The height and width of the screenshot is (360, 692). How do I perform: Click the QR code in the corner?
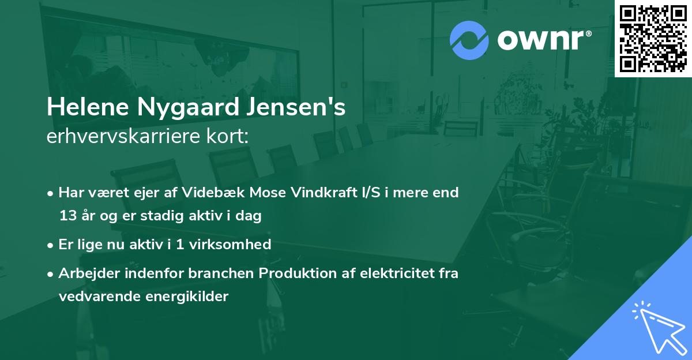[653, 39]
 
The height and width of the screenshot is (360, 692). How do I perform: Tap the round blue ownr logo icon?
[469, 40]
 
